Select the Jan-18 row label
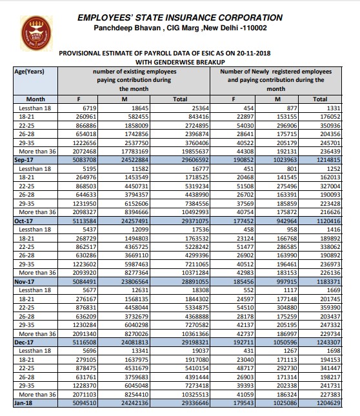(24, 402)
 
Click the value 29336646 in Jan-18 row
(190, 402)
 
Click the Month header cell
(30, 99)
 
